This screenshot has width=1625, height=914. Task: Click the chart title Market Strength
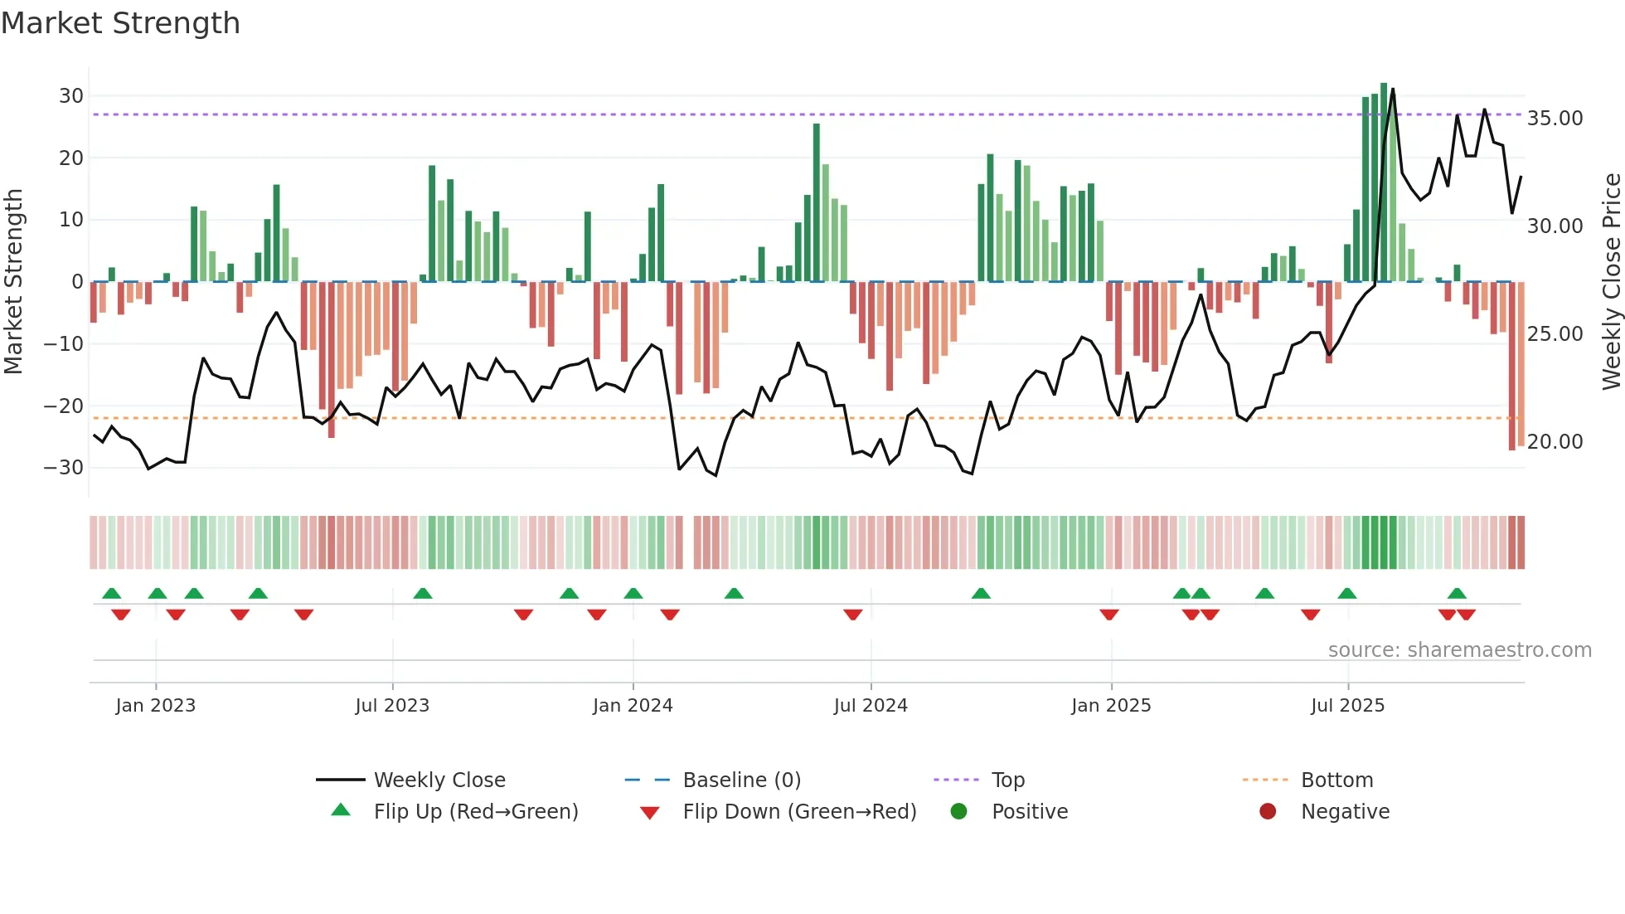120,23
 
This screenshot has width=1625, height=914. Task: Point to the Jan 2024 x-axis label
633,706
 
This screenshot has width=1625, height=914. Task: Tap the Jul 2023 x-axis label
392,706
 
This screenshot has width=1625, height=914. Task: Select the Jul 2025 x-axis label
1347,706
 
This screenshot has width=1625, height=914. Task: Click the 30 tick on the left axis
71,96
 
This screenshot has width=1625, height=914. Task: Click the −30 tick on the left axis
64,468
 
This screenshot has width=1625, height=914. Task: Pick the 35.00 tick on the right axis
1555,119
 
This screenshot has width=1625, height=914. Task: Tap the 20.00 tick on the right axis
1555,442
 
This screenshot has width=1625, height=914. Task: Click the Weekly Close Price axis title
1611,282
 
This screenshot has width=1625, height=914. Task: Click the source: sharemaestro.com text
1459,650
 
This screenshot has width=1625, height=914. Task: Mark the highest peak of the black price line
1393,89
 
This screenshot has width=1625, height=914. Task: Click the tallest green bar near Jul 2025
1384,182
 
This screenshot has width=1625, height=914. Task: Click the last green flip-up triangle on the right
1457,594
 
